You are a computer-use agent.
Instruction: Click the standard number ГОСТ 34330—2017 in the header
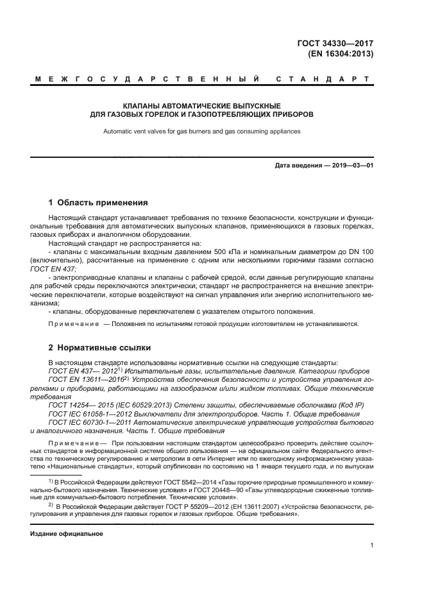[340, 44]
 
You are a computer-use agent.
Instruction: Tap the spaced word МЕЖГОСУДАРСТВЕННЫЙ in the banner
[148, 80]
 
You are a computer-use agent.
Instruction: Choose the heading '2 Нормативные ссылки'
[99, 348]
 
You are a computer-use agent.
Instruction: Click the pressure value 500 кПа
[228, 252]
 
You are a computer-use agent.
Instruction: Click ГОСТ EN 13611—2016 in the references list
[89, 379]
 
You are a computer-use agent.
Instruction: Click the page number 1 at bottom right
[372, 545]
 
